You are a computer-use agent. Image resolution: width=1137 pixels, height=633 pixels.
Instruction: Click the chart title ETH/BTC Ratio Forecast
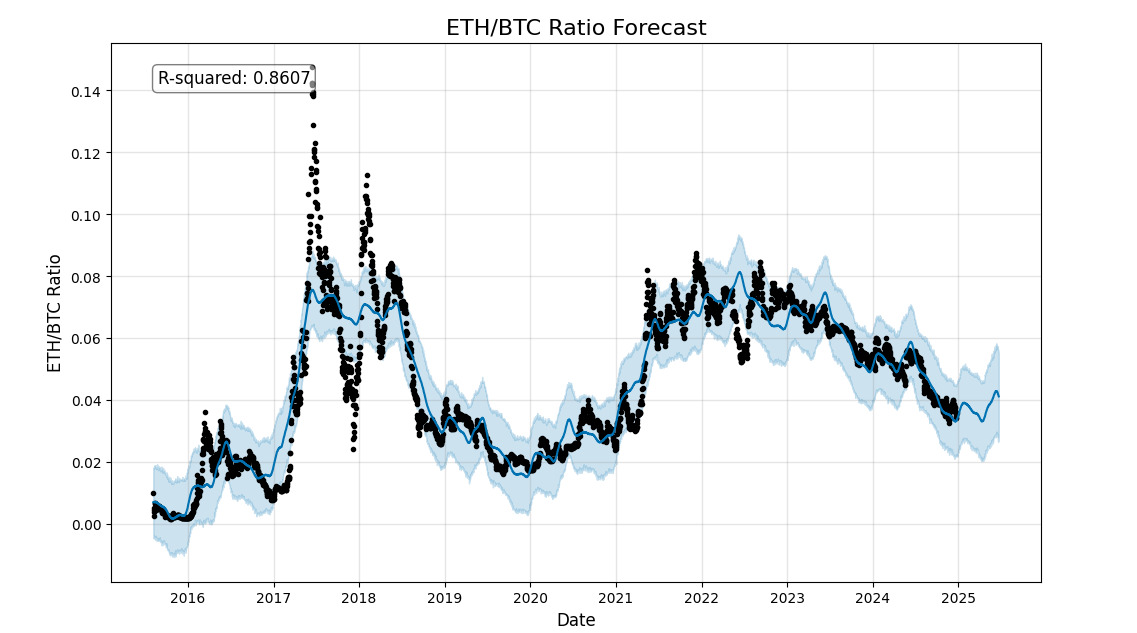pos(575,28)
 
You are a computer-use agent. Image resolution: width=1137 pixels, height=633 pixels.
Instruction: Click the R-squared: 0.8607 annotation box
pos(234,78)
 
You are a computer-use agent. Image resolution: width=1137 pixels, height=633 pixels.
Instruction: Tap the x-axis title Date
pos(575,620)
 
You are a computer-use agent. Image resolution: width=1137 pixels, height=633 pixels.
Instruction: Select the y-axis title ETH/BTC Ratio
pos(55,313)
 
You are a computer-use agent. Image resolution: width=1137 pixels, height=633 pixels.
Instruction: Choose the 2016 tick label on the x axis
pos(187,598)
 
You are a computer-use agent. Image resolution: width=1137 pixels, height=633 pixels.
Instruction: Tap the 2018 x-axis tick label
pos(359,598)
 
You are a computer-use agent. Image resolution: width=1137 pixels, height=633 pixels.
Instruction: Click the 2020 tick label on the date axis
pos(530,598)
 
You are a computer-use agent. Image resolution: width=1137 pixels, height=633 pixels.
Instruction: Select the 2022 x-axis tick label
pos(702,598)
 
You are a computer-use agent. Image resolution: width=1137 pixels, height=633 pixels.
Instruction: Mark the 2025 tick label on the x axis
pos(958,598)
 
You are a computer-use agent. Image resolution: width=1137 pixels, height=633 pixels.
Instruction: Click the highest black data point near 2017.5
pos(312,68)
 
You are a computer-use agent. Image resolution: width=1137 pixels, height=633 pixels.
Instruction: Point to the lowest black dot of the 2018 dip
pos(353,449)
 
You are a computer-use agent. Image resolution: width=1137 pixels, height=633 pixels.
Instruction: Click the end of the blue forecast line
pos(999,397)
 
